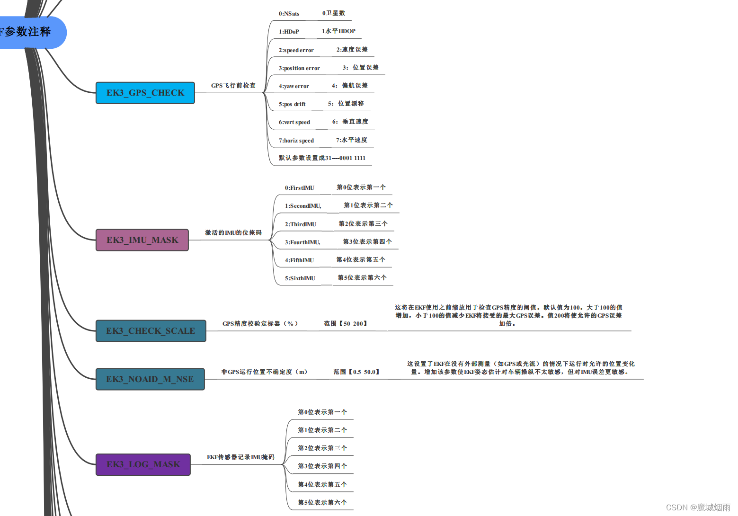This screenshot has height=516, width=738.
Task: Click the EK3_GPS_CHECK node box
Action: click(x=145, y=93)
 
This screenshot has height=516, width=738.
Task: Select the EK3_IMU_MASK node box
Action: click(x=142, y=240)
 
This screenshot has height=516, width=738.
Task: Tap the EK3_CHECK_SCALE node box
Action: click(x=151, y=331)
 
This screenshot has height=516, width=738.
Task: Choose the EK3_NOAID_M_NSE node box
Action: click(x=150, y=379)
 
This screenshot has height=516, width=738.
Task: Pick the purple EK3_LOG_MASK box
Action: click(x=143, y=464)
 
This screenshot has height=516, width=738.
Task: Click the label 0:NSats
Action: click(x=289, y=14)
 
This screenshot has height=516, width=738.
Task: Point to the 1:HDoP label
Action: click(x=289, y=32)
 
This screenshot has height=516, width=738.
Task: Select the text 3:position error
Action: click(x=299, y=68)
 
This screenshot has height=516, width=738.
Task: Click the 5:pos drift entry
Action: click(x=292, y=104)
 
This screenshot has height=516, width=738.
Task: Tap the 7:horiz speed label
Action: click(x=296, y=141)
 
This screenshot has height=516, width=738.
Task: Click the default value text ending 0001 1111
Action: click(x=322, y=158)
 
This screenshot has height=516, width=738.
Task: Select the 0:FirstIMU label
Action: click(x=299, y=188)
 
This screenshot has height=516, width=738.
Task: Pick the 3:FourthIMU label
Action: click(x=302, y=242)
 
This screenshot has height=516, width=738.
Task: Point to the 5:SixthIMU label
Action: click(x=300, y=278)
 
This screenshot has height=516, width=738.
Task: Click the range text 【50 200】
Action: click(x=346, y=324)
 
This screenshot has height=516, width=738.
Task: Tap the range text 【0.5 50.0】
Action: click(x=356, y=372)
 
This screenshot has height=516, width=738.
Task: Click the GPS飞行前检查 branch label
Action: click(x=233, y=86)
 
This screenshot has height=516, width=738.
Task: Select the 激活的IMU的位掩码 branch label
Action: click(x=233, y=233)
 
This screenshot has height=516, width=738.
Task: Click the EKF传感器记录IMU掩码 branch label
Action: click(x=240, y=457)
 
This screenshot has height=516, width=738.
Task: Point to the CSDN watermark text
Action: click(x=698, y=507)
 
